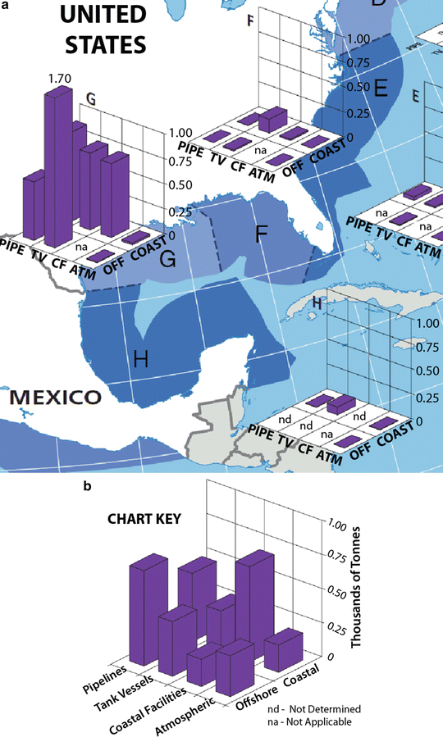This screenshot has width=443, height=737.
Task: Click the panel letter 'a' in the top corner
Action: [x=5, y=6]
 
